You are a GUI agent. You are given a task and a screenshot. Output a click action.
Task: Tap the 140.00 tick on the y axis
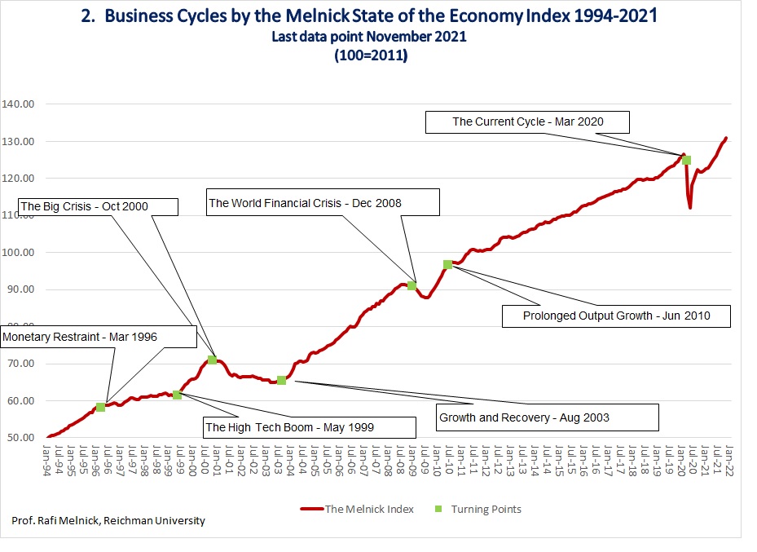pos(19,104)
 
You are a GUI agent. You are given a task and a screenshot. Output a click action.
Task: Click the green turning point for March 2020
pos(687,160)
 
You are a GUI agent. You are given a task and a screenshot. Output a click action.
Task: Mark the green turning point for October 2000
pos(213,360)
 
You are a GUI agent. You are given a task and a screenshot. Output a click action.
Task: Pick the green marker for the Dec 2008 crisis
pos(412,285)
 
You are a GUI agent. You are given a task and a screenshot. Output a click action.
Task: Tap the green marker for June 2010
pos(447,264)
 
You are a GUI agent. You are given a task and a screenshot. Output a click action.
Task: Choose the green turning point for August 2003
pos(281,380)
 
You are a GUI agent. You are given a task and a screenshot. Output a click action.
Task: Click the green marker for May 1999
pos(177,395)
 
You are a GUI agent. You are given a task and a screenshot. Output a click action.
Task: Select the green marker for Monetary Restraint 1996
pos(100,407)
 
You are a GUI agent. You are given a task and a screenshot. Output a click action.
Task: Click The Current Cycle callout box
pos(529,122)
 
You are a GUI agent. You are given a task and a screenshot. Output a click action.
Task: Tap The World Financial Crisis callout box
pos(323,203)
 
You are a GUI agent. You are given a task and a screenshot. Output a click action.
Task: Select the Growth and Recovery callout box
pos(547,417)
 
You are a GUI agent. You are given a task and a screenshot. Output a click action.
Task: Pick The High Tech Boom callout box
pos(306,426)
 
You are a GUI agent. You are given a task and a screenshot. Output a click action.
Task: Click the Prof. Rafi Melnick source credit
pos(108,521)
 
